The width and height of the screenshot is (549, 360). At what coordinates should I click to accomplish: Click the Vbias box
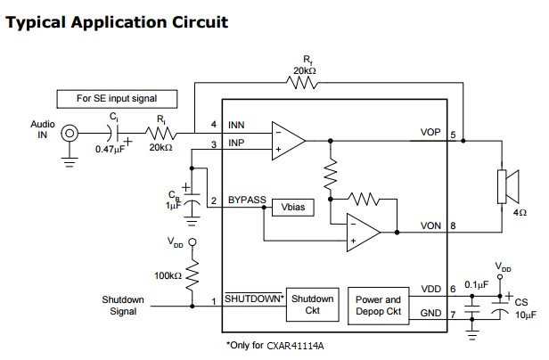point(293,206)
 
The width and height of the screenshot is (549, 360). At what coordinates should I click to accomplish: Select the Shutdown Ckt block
point(312,304)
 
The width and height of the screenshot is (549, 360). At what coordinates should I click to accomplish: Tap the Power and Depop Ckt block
point(380,306)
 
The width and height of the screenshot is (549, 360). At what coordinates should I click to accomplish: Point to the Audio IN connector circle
point(69,134)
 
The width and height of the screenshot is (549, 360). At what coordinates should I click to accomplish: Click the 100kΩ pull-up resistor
point(193,274)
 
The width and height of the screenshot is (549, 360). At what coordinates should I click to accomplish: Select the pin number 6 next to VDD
point(454,289)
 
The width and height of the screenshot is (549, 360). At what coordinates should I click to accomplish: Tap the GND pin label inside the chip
point(431,312)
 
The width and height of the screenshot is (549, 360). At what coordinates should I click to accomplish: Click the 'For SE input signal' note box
point(115,98)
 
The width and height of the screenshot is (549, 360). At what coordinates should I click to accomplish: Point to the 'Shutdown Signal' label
point(122,305)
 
